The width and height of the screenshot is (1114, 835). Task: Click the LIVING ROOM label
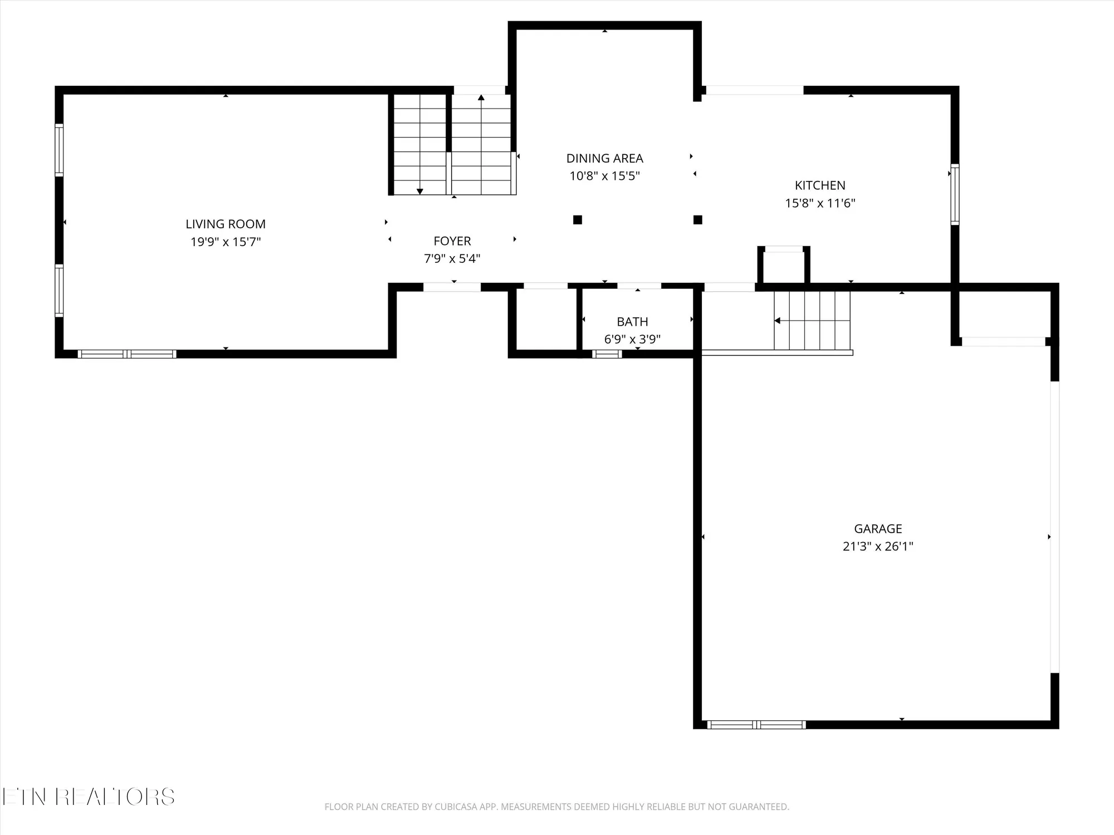(x=226, y=224)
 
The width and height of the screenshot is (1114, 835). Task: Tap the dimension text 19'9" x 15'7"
(x=226, y=242)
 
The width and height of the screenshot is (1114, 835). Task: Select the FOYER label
(x=452, y=241)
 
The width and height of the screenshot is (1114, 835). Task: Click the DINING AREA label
(x=604, y=159)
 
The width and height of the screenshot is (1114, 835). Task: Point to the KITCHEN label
(x=820, y=185)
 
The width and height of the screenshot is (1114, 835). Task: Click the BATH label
(x=632, y=322)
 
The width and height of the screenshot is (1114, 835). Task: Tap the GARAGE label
(x=878, y=529)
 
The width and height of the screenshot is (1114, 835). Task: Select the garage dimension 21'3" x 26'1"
(x=878, y=547)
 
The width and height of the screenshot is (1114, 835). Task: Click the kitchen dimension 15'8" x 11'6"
(x=820, y=203)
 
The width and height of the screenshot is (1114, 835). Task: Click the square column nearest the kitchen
(x=697, y=220)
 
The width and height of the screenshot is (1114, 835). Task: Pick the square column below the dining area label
(x=578, y=220)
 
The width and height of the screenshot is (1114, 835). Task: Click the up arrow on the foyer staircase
(x=481, y=99)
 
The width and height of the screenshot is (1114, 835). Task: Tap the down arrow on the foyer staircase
(x=420, y=191)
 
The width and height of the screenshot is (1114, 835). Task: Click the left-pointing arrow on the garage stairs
(x=778, y=321)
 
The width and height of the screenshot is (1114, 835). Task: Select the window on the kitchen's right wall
(x=955, y=194)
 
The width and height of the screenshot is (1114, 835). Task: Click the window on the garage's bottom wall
(x=756, y=725)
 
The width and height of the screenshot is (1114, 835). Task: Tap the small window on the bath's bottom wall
(x=607, y=354)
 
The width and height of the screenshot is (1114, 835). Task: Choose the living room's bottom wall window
(x=127, y=354)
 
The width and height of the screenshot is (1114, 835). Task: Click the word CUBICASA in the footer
(x=458, y=807)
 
